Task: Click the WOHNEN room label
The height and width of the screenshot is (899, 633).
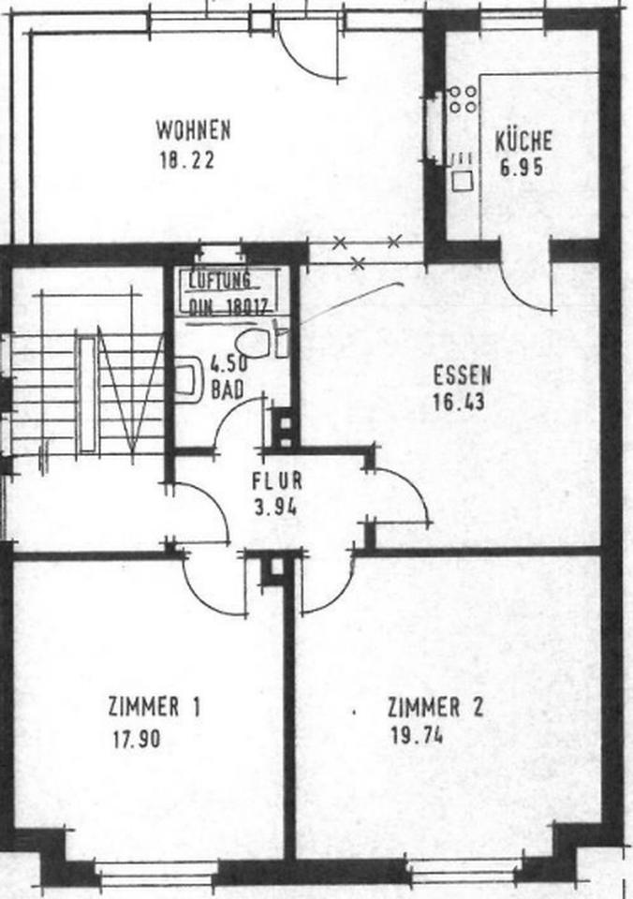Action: click(193, 128)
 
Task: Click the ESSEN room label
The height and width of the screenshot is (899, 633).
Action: click(463, 376)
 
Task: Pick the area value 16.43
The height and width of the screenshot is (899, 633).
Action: click(459, 405)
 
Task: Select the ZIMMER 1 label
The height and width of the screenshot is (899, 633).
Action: click(155, 707)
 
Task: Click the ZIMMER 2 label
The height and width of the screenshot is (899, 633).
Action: click(435, 707)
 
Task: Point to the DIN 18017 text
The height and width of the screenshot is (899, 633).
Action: click(229, 304)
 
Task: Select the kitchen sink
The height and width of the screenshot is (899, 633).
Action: click(461, 171)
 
